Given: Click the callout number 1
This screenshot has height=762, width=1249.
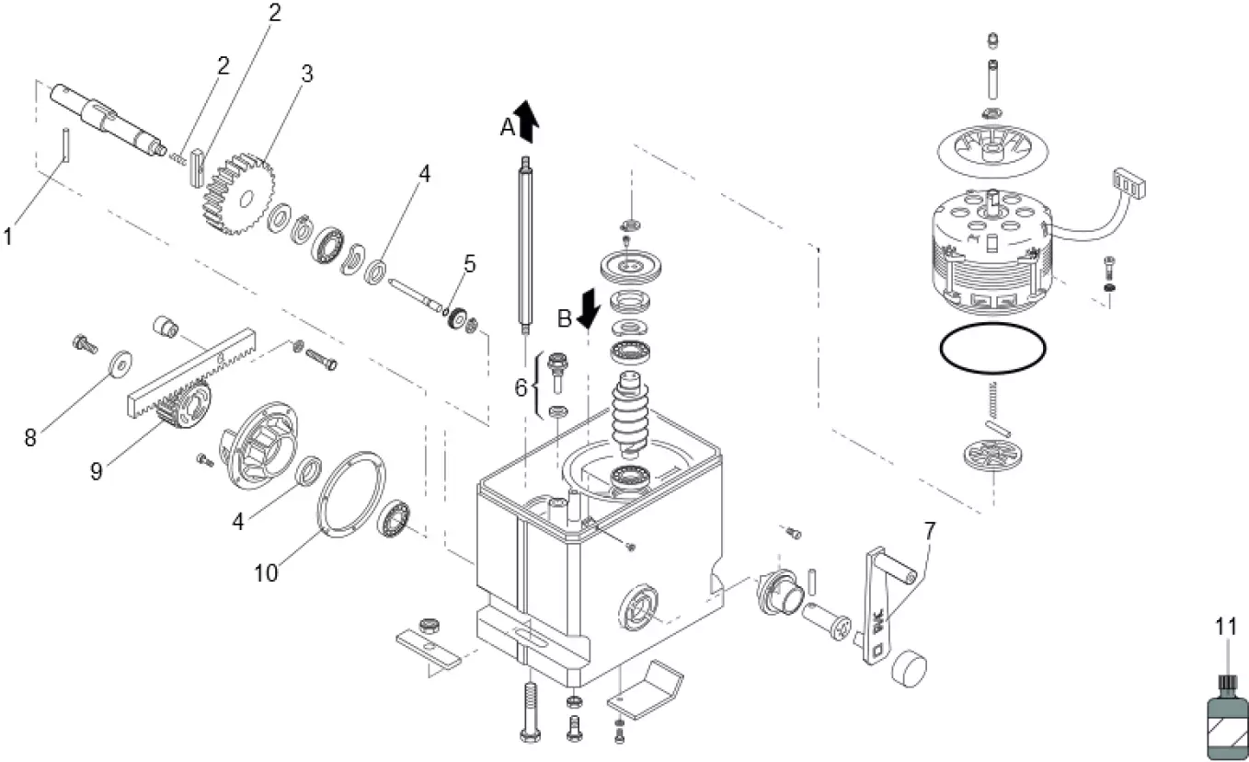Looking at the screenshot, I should tap(8, 237).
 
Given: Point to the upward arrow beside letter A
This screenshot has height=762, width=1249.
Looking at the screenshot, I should tap(528, 121).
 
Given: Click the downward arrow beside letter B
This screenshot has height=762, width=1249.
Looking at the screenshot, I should tap(589, 308).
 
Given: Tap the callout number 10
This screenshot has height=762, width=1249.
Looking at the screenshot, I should tap(266, 572).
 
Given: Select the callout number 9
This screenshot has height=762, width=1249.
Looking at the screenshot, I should tap(97, 470).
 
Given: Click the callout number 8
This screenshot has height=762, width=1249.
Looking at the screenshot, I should tap(30, 437).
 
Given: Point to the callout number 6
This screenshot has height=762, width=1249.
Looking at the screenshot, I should tap(521, 388).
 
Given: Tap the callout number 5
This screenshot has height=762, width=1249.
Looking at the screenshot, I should tap(470, 265).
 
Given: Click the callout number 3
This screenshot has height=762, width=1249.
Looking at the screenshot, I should tap(307, 75).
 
